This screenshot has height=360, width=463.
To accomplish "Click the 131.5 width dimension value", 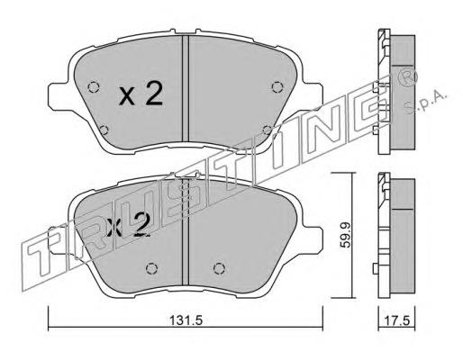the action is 186,320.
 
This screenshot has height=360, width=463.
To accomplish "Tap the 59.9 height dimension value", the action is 345,235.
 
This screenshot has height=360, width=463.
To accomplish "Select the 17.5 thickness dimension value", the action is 397,320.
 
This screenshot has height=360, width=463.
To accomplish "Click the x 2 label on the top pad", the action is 141,94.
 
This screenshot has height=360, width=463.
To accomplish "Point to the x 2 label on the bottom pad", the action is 128,226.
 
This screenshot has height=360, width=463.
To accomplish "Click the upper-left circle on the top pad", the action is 94,87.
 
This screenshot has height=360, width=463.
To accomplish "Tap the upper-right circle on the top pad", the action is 277,87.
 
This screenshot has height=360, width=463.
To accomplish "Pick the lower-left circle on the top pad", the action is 104,130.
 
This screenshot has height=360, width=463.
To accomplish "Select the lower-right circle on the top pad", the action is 267,130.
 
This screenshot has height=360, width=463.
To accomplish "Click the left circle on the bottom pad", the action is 151,268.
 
